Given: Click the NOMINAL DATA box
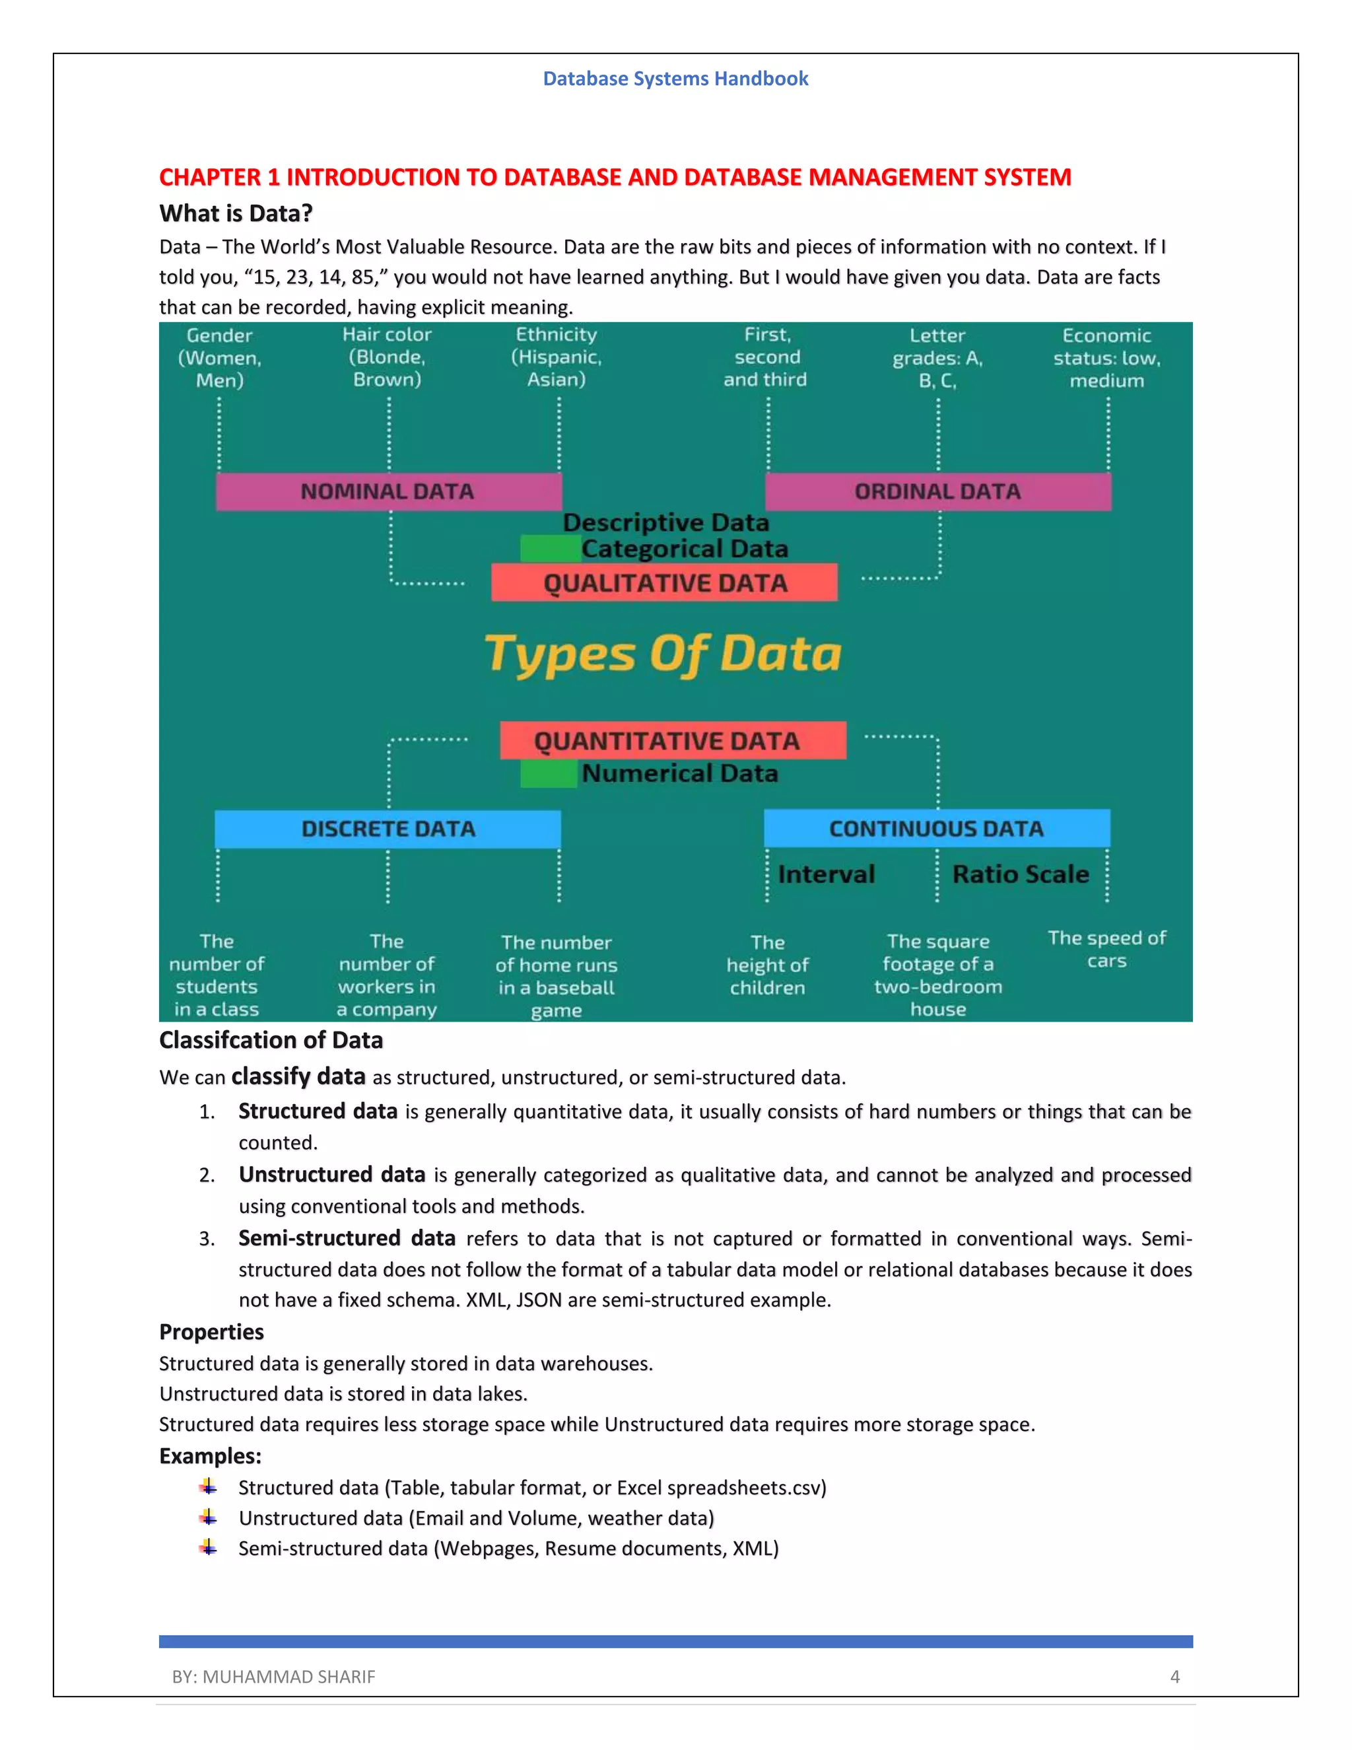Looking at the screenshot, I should click(388, 491).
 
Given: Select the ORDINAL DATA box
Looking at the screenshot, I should click(938, 491).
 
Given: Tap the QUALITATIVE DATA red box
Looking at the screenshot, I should click(664, 582).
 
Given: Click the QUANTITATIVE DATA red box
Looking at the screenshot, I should click(672, 740).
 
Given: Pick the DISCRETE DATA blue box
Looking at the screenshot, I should click(388, 829).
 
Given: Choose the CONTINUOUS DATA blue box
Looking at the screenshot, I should click(936, 829).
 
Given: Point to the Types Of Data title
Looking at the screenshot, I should click(663, 654).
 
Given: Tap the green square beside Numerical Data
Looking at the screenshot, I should click(549, 774).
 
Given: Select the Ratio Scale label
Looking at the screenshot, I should click(1021, 874).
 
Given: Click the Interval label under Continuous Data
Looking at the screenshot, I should click(826, 874).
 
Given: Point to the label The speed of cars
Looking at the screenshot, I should click(1107, 950).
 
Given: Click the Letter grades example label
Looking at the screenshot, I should click(937, 357).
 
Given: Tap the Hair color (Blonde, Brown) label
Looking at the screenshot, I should click(387, 357).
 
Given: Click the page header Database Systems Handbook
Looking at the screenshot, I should click(675, 79).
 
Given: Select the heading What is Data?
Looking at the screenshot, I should click(236, 213).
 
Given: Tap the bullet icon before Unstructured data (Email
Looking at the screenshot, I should click(208, 1517).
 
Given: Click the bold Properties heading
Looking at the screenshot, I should click(211, 1332).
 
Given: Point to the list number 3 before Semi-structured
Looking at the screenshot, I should click(207, 1239).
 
